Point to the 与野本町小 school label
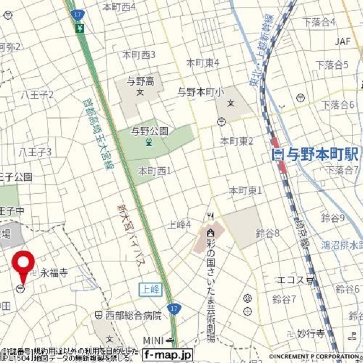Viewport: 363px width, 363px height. coord(201,91)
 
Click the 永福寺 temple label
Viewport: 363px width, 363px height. coord(54,273)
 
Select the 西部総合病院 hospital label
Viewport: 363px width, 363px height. coord(132,315)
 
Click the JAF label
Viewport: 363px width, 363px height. coord(343,41)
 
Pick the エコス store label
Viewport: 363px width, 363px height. coord(290,280)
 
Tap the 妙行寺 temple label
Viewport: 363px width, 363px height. coord(311,333)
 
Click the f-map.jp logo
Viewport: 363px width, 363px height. coord(168,355)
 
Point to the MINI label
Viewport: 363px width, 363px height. coord(153,340)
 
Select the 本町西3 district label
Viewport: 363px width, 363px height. coord(139,54)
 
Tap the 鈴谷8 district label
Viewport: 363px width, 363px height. coord(268,233)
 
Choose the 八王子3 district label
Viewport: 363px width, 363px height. coord(35,151)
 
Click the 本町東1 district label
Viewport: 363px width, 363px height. coord(245,191)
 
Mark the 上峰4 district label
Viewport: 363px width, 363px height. coord(180,224)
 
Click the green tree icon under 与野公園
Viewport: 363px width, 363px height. coord(149,142)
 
